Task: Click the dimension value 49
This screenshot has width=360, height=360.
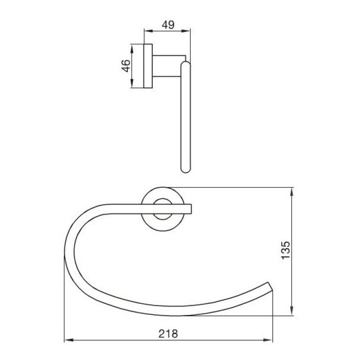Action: point(167,25)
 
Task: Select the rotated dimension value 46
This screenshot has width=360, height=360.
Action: point(125,66)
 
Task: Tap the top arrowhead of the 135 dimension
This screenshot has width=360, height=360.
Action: point(292,191)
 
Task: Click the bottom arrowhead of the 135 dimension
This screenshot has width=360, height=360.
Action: point(292,312)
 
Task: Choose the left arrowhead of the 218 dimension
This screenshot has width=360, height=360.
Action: point(67,340)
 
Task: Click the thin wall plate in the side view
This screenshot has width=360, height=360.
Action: point(148,66)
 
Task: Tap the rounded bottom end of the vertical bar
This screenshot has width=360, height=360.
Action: point(186,170)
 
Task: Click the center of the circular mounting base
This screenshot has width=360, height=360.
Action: point(162,209)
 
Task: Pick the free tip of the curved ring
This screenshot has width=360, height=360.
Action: point(270,287)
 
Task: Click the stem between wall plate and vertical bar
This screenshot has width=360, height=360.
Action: point(166,66)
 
